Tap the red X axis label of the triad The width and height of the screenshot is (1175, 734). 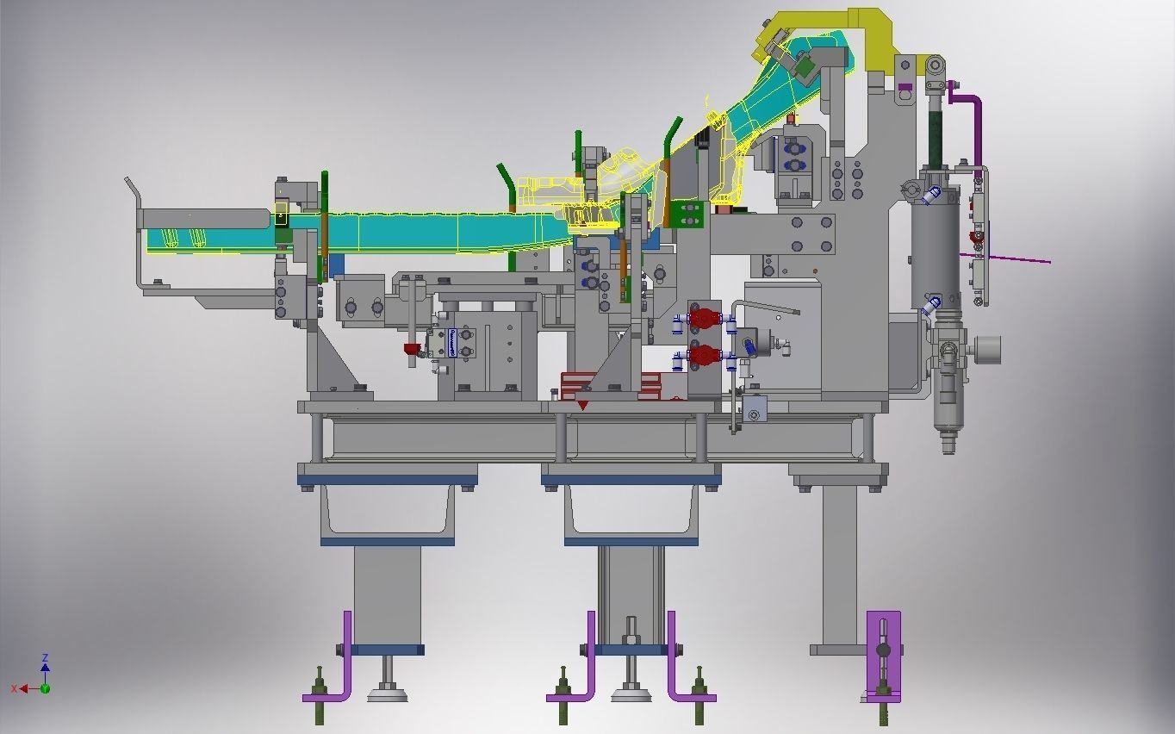(15, 688)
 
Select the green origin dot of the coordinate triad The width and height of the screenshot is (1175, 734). (45, 688)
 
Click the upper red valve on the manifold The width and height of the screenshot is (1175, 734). (704, 319)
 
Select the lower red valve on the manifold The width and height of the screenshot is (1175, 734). (704, 354)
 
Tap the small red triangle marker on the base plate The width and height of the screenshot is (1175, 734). (583, 405)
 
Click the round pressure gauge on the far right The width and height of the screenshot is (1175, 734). (988, 350)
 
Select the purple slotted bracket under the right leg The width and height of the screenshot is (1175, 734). (883, 655)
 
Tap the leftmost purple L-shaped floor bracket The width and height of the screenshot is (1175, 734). (332, 672)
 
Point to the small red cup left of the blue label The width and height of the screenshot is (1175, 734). (412, 349)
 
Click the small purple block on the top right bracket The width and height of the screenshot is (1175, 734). (905, 86)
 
